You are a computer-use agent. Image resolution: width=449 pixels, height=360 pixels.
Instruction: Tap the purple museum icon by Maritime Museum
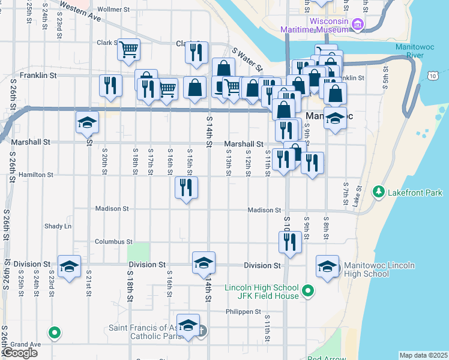[358, 24]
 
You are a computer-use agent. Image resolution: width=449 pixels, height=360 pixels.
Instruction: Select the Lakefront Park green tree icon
[379, 192]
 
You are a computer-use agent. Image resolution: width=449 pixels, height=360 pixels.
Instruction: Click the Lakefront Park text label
[415, 193]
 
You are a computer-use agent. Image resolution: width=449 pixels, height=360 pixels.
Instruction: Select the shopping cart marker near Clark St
[128, 50]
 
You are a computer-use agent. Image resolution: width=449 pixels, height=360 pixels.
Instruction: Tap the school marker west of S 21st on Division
[69, 266]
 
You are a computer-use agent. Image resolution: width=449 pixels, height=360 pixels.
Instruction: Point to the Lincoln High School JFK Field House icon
[308, 292]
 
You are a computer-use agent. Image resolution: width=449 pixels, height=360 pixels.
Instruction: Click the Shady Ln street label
[58, 226]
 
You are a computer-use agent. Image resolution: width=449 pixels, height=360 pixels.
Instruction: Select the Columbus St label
[113, 242]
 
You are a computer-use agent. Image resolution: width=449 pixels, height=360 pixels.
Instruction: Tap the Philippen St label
[244, 311]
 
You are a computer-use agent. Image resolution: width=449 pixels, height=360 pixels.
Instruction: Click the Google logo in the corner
[19, 353]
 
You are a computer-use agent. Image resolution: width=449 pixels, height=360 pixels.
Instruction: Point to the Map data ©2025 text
[423, 355]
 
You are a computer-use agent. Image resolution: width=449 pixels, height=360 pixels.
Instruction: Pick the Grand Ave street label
[25, 344]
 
